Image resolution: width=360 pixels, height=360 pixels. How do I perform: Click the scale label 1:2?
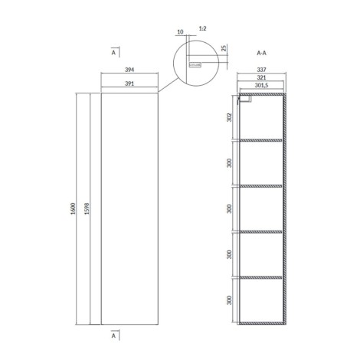pyautogui.click(x=201, y=29)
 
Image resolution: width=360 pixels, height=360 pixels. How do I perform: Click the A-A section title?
pyautogui.click(x=261, y=54)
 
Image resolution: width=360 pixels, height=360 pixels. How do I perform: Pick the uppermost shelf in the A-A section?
pyautogui.click(x=262, y=140)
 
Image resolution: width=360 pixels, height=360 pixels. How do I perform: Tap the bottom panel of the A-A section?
pyautogui.click(x=262, y=322)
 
